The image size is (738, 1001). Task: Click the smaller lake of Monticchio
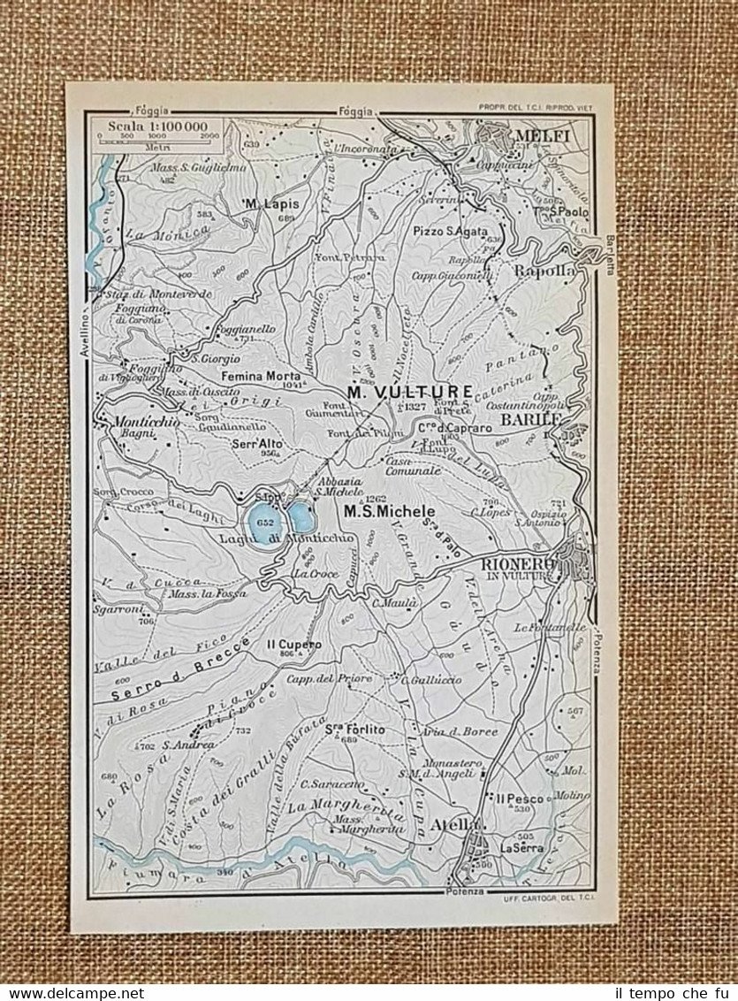click(301, 516)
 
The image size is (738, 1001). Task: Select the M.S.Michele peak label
click(390, 511)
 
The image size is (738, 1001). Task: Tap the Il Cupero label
click(294, 644)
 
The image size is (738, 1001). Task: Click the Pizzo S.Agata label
click(450, 231)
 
